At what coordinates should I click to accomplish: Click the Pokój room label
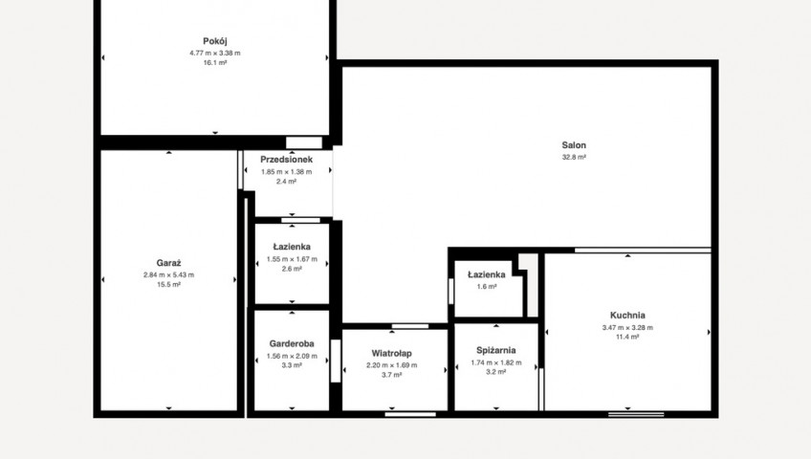[214, 41]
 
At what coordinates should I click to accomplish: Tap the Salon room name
[574, 145]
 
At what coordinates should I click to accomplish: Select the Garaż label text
[168, 263]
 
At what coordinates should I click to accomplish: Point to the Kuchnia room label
[627, 316]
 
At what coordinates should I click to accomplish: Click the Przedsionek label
[286, 160]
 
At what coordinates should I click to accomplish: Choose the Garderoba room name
[292, 343]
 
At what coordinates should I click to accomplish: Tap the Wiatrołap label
[391, 354]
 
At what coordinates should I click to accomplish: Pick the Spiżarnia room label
[496, 350]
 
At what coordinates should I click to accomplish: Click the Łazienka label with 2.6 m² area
[292, 247]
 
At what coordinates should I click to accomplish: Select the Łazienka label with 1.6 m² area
[486, 274]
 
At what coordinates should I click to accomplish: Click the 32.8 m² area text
[574, 157]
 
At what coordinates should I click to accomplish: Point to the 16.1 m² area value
[214, 62]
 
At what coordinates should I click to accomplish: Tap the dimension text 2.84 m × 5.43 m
[168, 275]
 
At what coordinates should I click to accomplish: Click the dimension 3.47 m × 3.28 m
[627, 327]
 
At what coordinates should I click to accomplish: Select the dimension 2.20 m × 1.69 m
[391, 365]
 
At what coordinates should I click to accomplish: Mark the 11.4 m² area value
[627, 337]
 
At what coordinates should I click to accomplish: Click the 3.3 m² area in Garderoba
[292, 365]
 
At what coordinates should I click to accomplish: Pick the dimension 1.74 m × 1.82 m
[496, 362]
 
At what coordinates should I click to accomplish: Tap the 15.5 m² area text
[168, 285]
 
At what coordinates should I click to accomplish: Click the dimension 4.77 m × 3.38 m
[214, 53]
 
